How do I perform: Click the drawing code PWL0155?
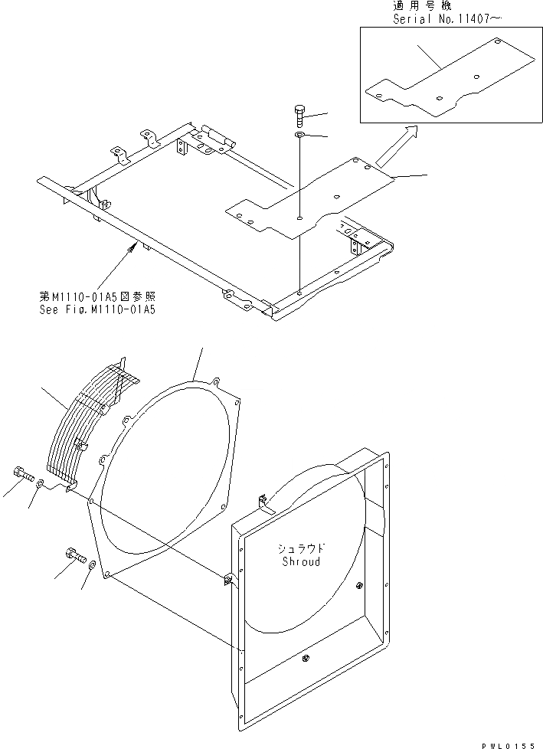click(x=509, y=743)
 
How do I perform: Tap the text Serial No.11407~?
click(x=446, y=19)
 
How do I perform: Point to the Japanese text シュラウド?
click(x=301, y=548)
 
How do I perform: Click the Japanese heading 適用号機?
click(x=421, y=6)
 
